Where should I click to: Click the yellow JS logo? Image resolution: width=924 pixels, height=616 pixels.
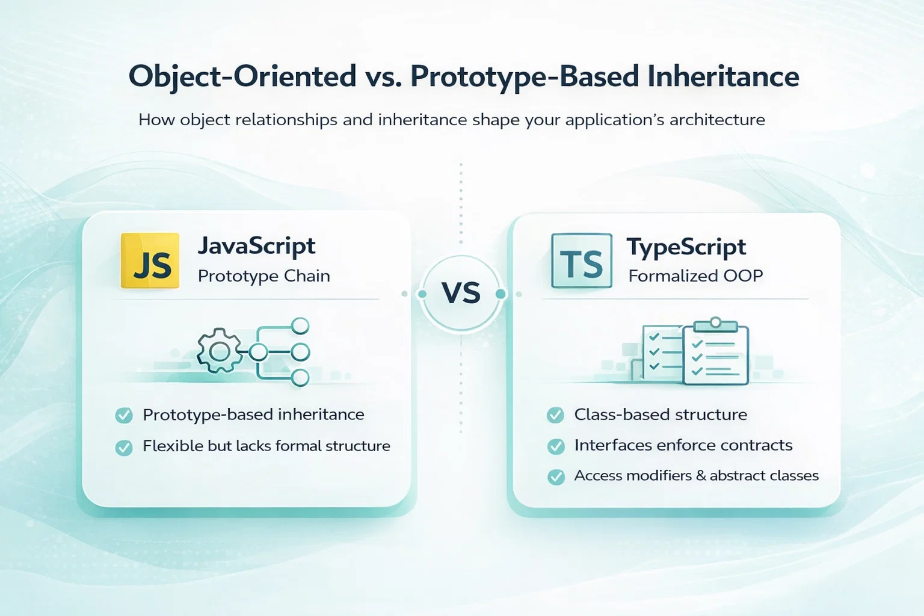(x=150, y=260)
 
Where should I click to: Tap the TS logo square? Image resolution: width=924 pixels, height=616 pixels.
(x=582, y=260)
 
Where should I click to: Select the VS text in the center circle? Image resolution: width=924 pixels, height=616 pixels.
(x=461, y=293)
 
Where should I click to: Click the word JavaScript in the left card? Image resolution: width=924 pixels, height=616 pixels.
(x=257, y=246)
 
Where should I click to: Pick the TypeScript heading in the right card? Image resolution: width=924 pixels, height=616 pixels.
(x=686, y=247)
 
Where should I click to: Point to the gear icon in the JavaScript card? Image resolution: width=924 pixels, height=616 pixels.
(x=220, y=351)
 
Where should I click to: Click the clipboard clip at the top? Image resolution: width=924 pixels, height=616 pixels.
(x=716, y=325)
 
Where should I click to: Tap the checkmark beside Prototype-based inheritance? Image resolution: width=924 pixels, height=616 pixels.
(x=124, y=415)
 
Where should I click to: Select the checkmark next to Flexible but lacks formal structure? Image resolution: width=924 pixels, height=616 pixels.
(x=124, y=447)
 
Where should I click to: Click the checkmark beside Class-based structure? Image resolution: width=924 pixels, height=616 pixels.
(x=555, y=415)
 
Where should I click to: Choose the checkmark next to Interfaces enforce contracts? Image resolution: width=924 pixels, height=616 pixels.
(x=556, y=446)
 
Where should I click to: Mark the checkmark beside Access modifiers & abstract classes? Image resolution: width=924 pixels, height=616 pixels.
(x=556, y=476)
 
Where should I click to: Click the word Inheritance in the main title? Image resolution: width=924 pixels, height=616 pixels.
(x=723, y=76)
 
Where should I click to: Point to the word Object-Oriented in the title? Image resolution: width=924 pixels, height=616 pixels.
(x=242, y=77)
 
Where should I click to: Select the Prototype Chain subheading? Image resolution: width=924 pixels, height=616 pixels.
(x=264, y=276)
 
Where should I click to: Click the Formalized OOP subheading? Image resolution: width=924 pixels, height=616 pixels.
(x=695, y=276)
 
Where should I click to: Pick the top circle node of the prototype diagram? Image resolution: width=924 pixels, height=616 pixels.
(x=300, y=325)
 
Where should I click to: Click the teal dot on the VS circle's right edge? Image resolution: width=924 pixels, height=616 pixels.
(x=500, y=294)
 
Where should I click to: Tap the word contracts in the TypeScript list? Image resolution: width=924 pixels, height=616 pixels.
(x=756, y=445)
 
